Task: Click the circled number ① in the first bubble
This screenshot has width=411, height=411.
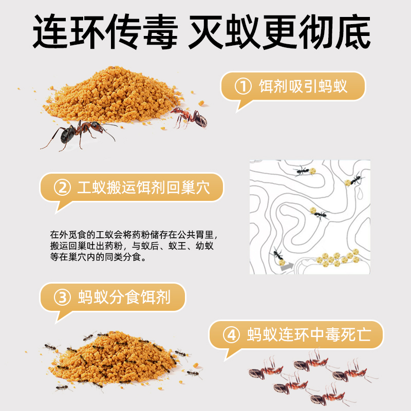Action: tap(242, 86)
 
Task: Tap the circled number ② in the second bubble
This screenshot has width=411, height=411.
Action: tap(63, 187)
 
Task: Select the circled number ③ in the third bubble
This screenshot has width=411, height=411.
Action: tap(63, 297)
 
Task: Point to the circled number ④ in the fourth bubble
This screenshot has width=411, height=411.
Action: tap(232, 335)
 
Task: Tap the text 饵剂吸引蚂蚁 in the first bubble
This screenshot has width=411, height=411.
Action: tap(303, 86)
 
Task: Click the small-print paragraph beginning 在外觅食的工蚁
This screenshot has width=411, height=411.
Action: tap(132, 246)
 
